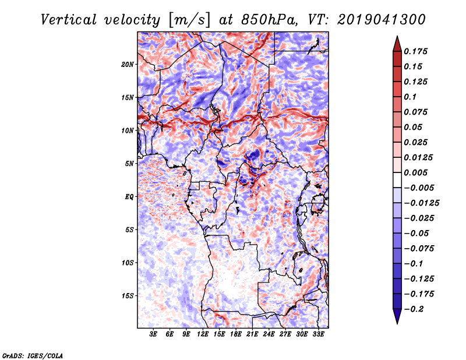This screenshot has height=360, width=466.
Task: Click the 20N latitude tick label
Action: (127, 65)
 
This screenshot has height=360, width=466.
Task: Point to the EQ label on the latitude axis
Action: (129, 197)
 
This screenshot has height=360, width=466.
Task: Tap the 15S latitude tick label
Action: (127, 296)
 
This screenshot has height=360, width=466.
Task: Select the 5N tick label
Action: (129, 164)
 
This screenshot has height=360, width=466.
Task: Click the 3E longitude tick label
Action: (153, 334)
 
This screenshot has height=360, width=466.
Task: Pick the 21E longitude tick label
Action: (252, 334)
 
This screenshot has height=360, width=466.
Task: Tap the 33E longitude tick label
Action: (318, 334)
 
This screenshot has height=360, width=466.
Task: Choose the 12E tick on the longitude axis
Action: (203, 334)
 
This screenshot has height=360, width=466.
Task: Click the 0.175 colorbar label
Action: (415, 51)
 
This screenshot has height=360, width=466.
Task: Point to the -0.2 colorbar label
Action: (414, 309)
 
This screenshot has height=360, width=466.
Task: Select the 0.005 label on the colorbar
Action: (415, 172)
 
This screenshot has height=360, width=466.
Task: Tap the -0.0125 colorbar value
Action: (421, 203)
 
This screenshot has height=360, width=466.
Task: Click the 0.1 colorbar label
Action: (410, 97)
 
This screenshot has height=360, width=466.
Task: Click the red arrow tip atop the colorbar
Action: (397, 37)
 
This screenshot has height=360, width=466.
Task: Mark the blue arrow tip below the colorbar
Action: (397, 323)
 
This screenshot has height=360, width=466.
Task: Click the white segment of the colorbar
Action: (397, 180)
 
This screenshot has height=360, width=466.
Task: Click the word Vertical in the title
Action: (69, 20)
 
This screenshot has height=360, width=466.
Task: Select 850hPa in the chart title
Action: (269, 20)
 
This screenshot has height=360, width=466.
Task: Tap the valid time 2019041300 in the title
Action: (382, 20)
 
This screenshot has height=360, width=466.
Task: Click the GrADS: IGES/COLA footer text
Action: (33, 356)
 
